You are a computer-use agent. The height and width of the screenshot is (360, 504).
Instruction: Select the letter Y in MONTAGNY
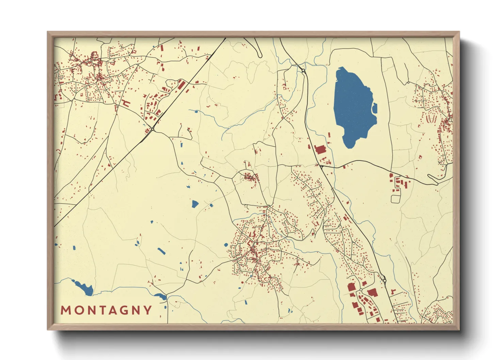tap(148, 310)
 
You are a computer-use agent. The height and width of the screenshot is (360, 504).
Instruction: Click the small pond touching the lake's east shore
tap(375, 108)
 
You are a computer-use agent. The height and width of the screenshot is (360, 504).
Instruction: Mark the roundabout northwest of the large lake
tap(303, 70)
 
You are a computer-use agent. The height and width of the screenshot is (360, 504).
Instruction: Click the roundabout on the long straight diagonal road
tap(153, 129)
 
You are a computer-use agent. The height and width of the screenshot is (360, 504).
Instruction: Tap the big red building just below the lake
tap(320, 150)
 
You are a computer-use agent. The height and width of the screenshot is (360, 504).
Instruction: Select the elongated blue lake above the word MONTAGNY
tap(83, 288)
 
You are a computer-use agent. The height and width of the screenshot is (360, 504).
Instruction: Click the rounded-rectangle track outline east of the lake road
tap(395, 199)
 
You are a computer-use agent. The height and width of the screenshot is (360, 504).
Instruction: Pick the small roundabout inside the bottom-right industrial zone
tap(360, 290)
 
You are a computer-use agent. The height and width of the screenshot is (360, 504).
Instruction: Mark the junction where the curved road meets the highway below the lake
tap(322, 167)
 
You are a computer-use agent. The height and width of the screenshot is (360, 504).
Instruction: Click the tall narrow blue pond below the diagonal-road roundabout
tap(181, 144)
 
